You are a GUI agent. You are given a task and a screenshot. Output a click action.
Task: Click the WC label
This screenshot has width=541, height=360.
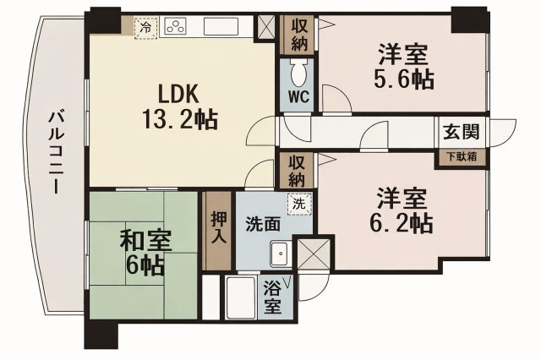298,96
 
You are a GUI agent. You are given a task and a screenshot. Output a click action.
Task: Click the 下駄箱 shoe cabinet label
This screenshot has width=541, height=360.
461,157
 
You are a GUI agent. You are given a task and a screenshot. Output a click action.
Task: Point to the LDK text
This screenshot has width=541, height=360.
178,93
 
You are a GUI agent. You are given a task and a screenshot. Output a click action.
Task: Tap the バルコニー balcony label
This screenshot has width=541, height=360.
55,152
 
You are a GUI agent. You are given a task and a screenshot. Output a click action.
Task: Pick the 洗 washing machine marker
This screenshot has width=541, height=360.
298,203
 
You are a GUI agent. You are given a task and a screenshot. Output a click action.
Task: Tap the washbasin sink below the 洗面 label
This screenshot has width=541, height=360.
278,254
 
